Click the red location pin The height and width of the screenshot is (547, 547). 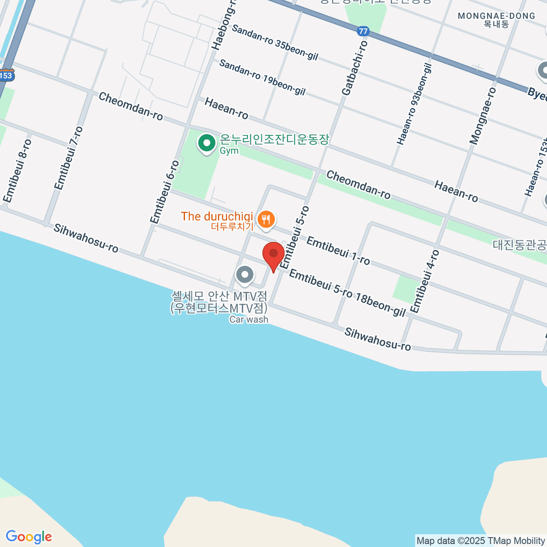click(x=273, y=254)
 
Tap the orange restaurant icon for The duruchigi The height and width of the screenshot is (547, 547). click(x=265, y=220)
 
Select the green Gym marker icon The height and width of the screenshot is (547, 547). click(x=207, y=144)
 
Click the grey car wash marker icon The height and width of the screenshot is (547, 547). click(x=245, y=274)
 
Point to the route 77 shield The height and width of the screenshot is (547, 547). click(x=363, y=31)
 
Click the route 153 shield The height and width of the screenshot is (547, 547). click(x=6, y=76)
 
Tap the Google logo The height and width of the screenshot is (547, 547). click(x=29, y=537)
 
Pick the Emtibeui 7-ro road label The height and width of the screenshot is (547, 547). click(x=69, y=158)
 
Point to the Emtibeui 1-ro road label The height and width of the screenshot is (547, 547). click(x=338, y=250)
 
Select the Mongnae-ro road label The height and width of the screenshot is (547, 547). click(x=483, y=116)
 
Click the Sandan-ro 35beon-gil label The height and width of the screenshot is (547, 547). click(x=275, y=42)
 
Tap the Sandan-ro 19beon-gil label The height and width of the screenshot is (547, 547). click(x=262, y=77)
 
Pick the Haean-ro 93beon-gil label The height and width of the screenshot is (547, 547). click(x=414, y=104)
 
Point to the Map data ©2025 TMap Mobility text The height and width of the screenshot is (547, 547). click(x=481, y=541)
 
